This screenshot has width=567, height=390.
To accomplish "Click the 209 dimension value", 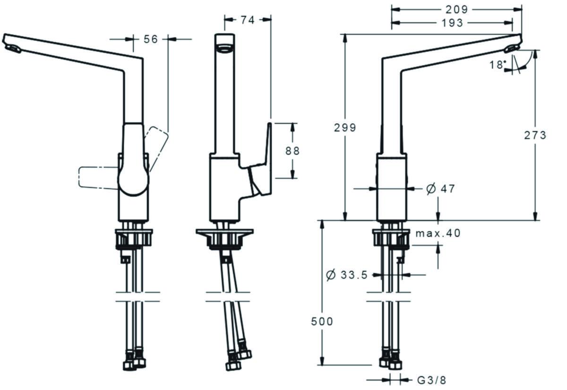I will click(x=456, y=9).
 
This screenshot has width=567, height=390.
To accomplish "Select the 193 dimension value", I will click(x=453, y=22).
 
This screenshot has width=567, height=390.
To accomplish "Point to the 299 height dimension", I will click(x=345, y=128).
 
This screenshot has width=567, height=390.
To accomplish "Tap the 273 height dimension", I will click(x=535, y=135).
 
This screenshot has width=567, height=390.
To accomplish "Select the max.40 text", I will click(x=438, y=233).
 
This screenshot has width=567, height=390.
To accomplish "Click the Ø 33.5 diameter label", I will click(x=347, y=275).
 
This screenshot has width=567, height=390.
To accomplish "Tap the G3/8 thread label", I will click(x=431, y=380).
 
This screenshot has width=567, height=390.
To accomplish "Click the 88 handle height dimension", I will click(x=292, y=151).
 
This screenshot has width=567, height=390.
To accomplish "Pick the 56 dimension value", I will click(x=150, y=40).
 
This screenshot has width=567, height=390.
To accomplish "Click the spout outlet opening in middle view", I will click(x=225, y=47).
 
